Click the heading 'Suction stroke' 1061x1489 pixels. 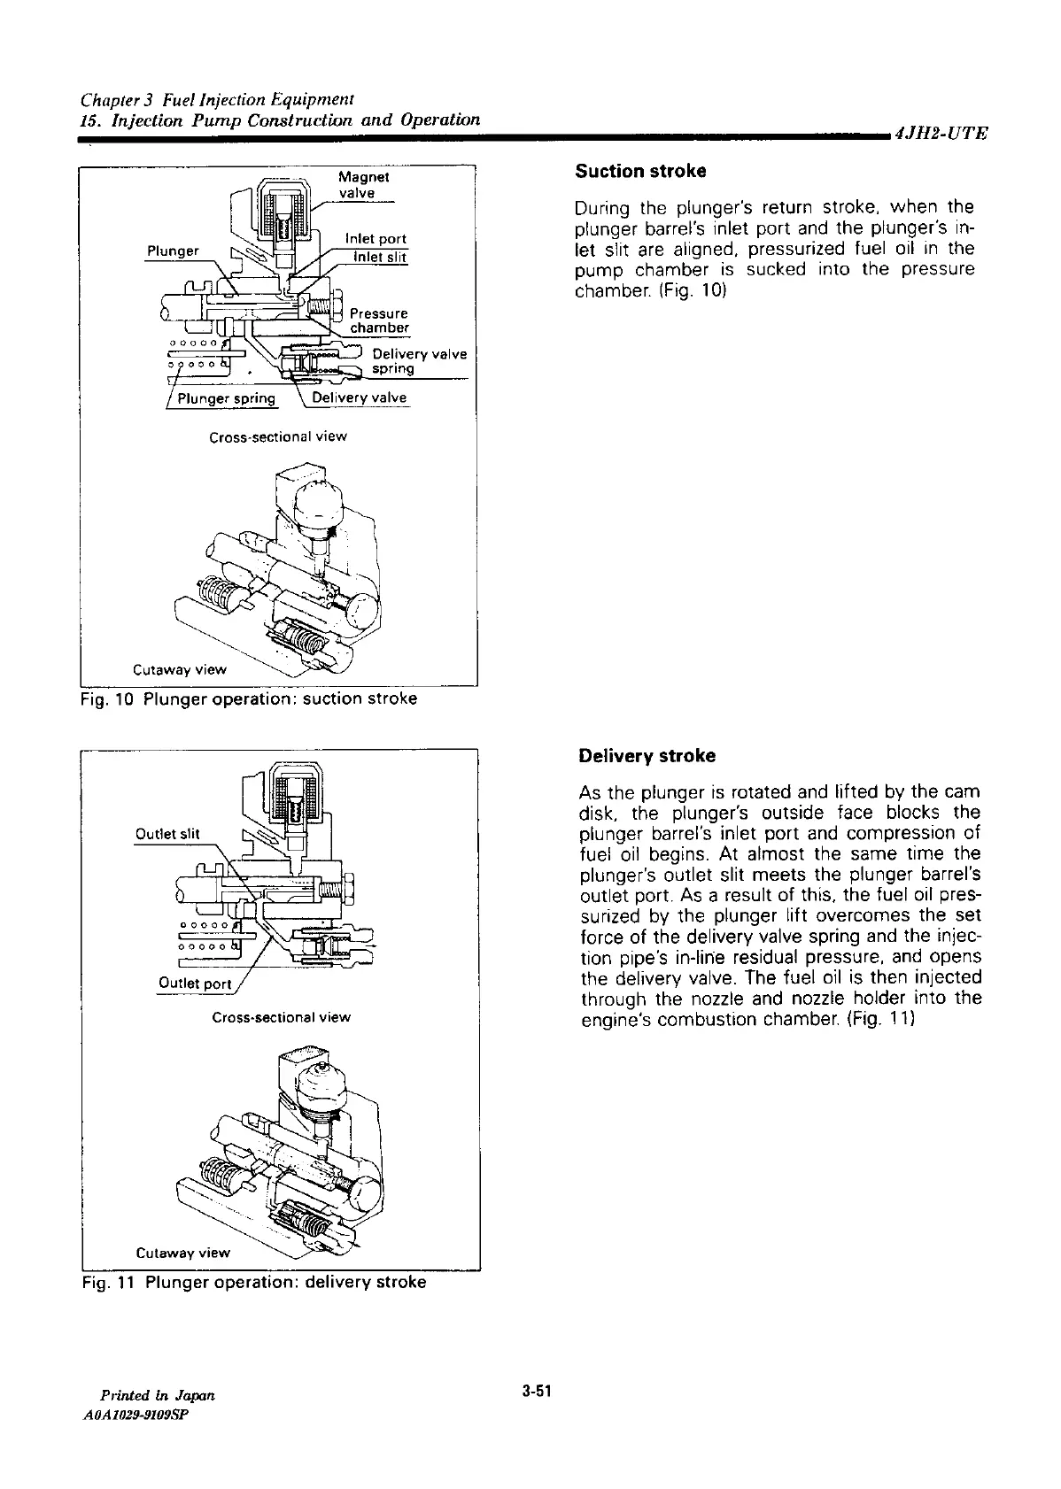pyautogui.click(x=640, y=171)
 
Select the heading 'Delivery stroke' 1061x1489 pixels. pyautogui.click(x=646, y=756)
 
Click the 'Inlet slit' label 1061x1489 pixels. pyautogui.click(x=379, y=257)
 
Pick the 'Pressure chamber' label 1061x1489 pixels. pyautogui.click(x=379, y=320)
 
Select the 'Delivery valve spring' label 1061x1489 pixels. pyautogui.click(x=418, y=361)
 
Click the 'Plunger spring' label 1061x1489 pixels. pyautogui.click(x=227, y=398)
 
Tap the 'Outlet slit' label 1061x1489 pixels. pyautogui.click(x=167, y=833)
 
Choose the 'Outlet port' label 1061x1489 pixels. pyautogui.click(x=194, y=984)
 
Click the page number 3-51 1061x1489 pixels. pyautogui.click(x=537, y=1391)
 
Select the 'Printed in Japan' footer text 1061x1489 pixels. pyautogui.click(x=159, y=1396)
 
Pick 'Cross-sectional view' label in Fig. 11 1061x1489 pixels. pyautogui.click(x=281, y=1018)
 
